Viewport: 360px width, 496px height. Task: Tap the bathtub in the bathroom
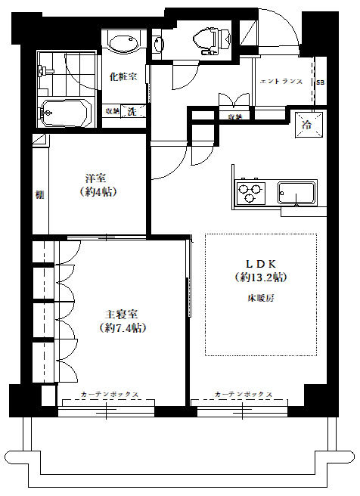click(66, 113)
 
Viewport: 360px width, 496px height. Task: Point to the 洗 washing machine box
click(132, 111)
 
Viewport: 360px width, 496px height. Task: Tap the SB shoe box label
click(320, 82)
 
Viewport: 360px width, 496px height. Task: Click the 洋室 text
click(95, 178)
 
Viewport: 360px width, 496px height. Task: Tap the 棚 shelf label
click(39, 194)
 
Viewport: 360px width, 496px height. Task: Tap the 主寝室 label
click(122, 314)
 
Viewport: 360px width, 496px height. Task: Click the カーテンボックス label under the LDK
click(244, 395)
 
